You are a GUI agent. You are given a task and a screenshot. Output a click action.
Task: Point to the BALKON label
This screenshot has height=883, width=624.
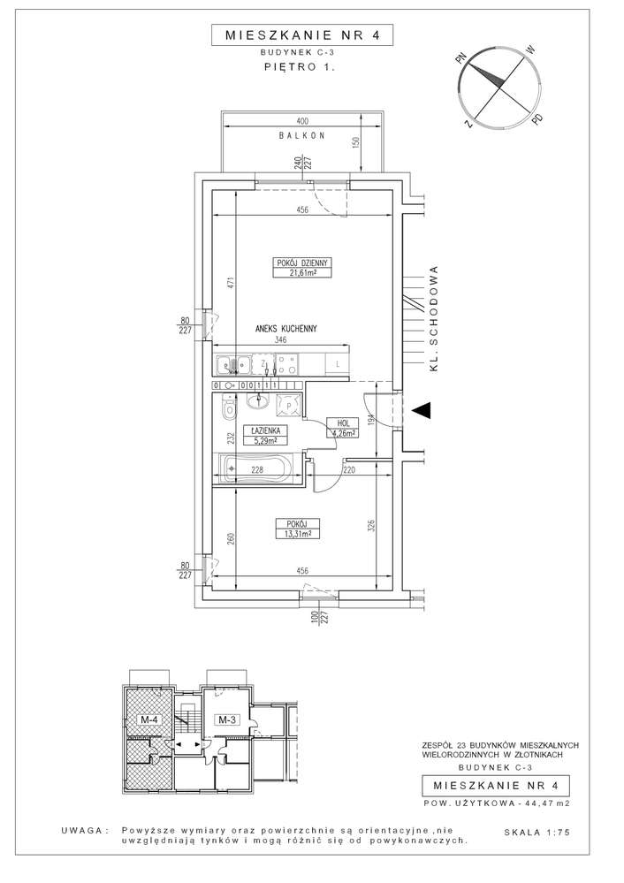[x=302, y=136]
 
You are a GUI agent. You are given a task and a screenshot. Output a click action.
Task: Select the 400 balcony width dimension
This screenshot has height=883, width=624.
[x=302, y=120]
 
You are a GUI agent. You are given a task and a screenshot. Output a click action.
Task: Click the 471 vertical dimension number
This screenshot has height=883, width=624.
[x=228, y=284]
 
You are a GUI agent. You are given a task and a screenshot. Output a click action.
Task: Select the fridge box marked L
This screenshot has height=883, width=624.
[x=338, y=363]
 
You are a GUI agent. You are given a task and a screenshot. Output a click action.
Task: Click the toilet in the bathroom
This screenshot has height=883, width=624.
[x=229, y=409]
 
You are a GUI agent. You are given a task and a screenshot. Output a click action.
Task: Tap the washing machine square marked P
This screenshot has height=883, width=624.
[x=289, y=405]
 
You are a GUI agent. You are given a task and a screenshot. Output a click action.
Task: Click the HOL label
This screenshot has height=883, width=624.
[x=340, y=422]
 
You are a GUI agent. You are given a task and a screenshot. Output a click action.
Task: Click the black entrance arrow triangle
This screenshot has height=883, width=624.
[x=423, y=410]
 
